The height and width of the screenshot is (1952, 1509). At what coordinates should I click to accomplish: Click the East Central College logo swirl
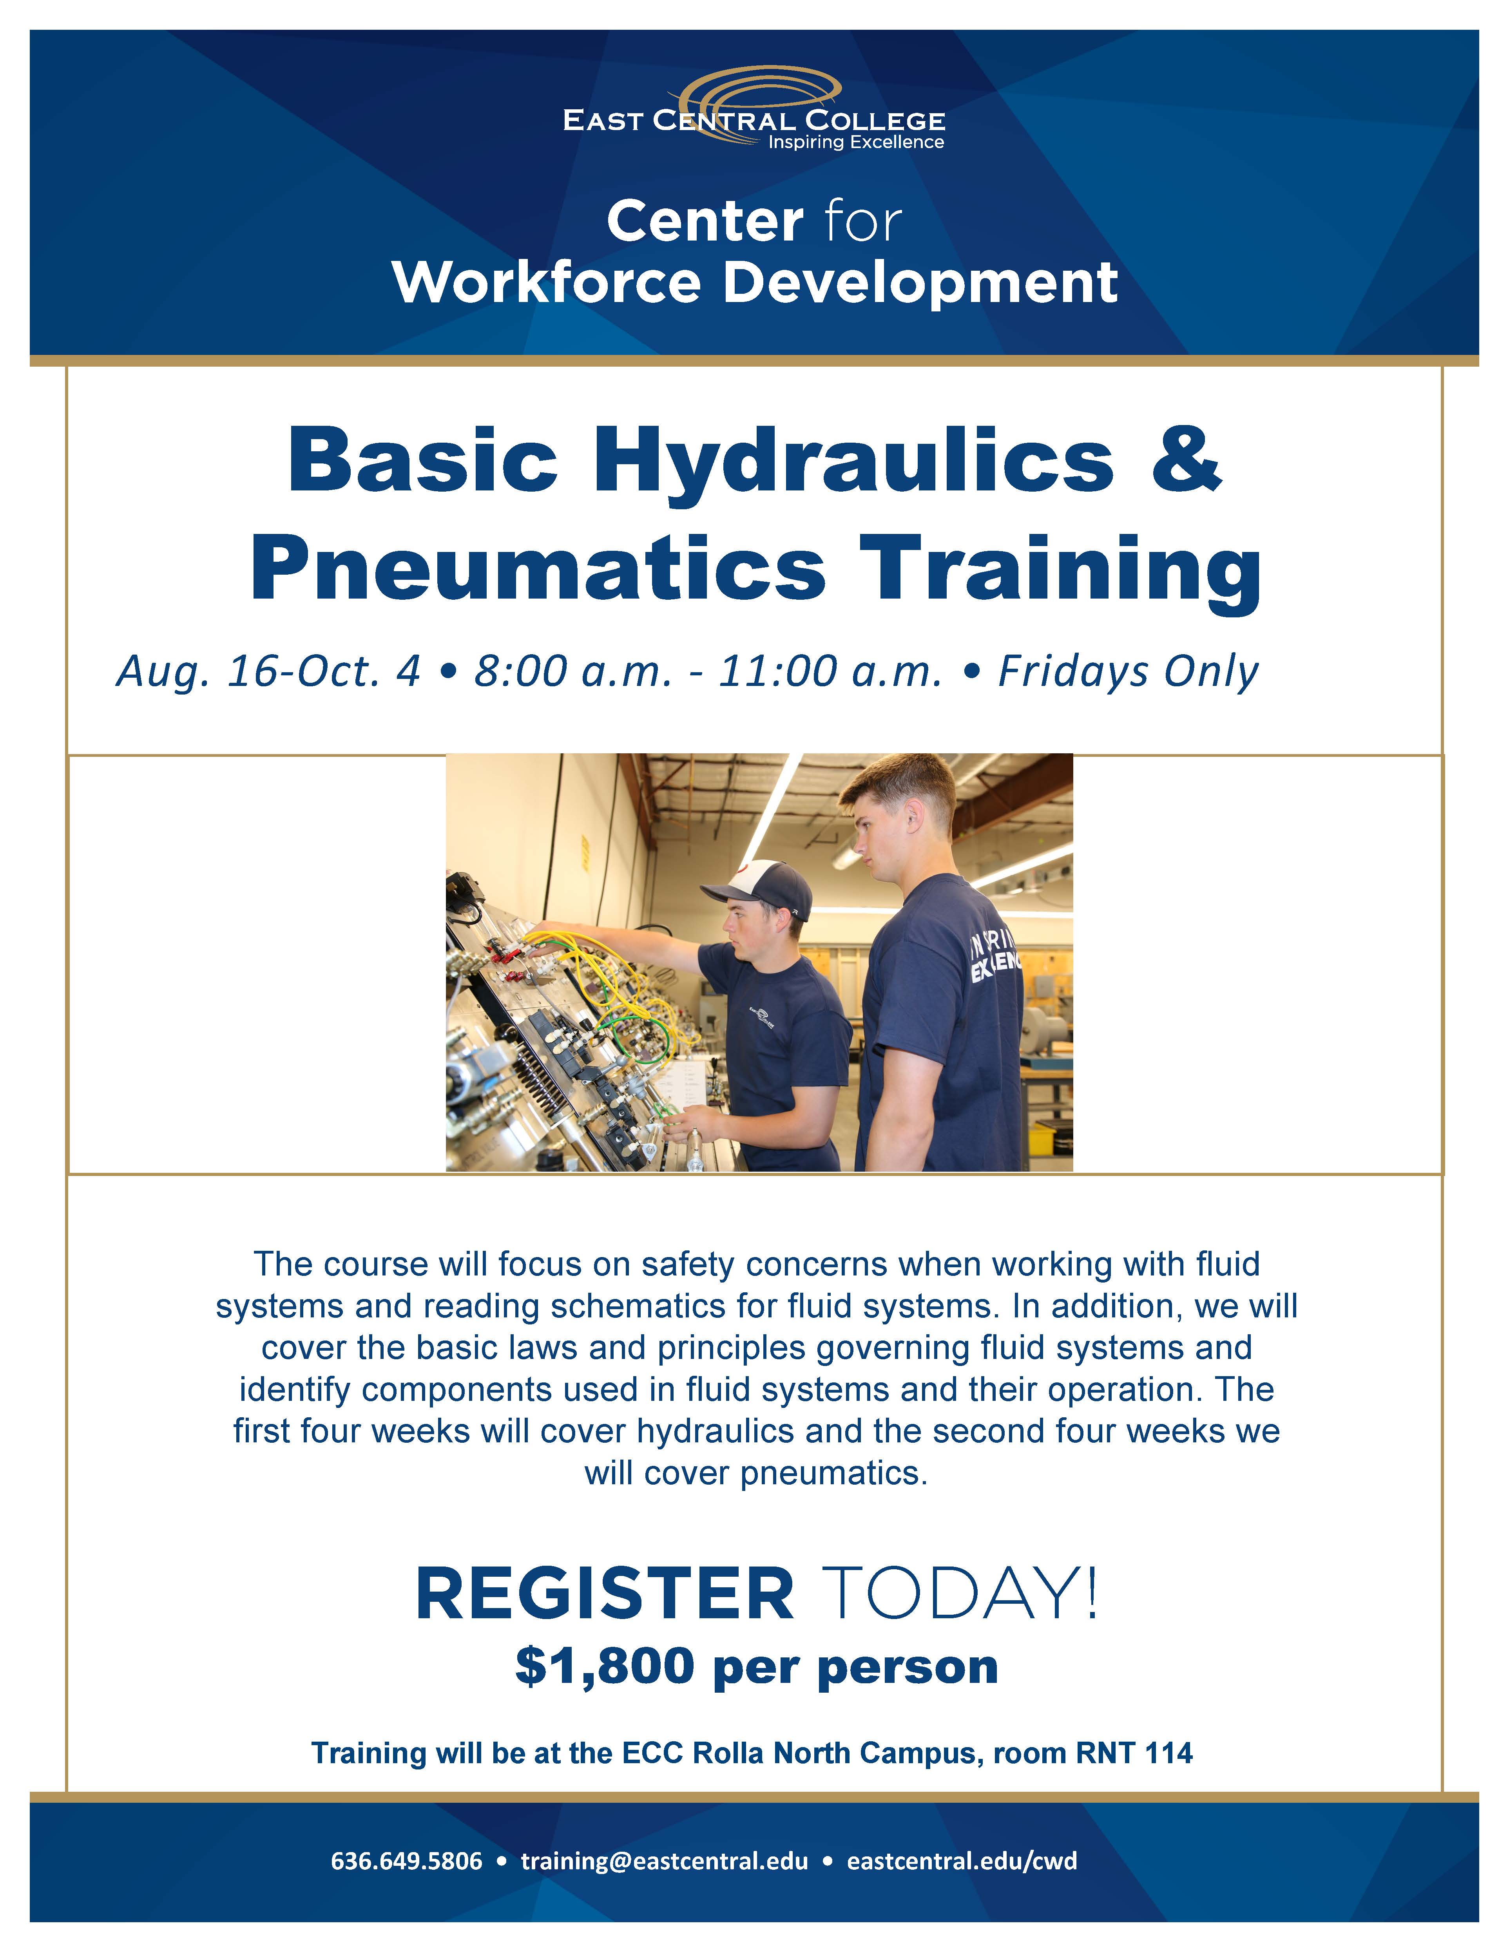coord(760,89)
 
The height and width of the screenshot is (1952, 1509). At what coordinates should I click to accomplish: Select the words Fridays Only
coord(1128,672)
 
